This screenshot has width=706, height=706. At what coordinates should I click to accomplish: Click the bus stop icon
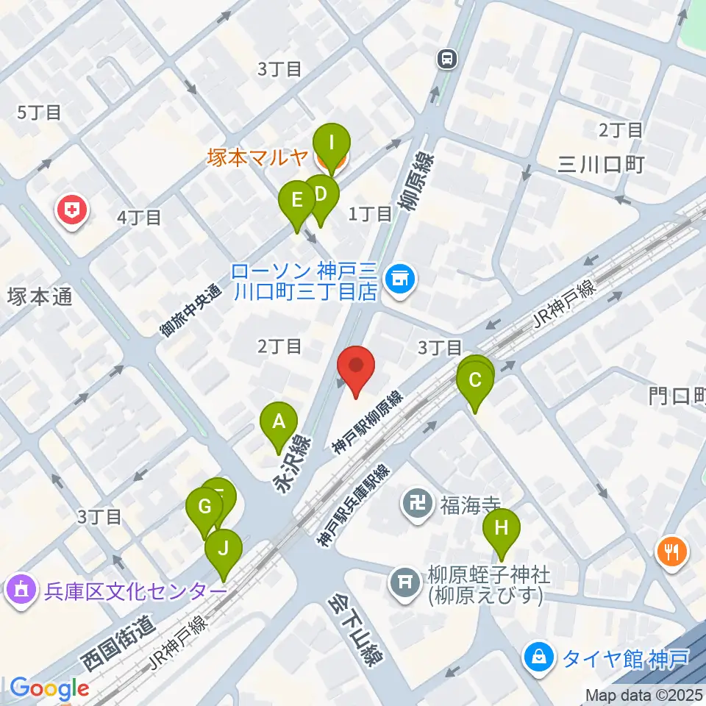(x=446, y=59)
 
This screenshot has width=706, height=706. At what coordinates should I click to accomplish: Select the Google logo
(x=49, y=689)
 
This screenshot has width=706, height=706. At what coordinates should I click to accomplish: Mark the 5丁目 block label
(x=38, y=113)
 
